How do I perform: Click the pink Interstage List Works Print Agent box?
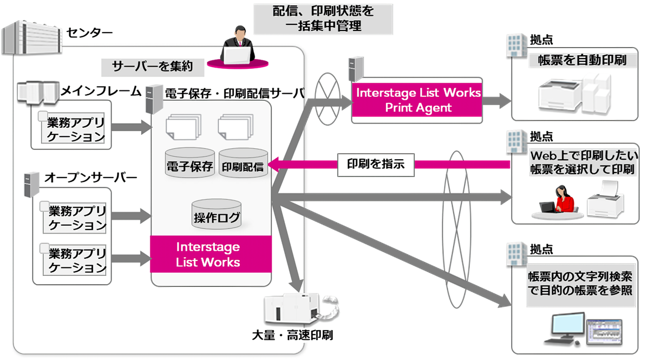(x=418, y=100)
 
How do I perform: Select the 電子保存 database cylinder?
(x=189, y=163)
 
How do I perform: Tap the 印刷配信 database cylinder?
(x=243, y=163)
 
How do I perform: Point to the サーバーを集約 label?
(x=147, y=67)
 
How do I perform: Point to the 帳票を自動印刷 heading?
(x=582, y=61)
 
